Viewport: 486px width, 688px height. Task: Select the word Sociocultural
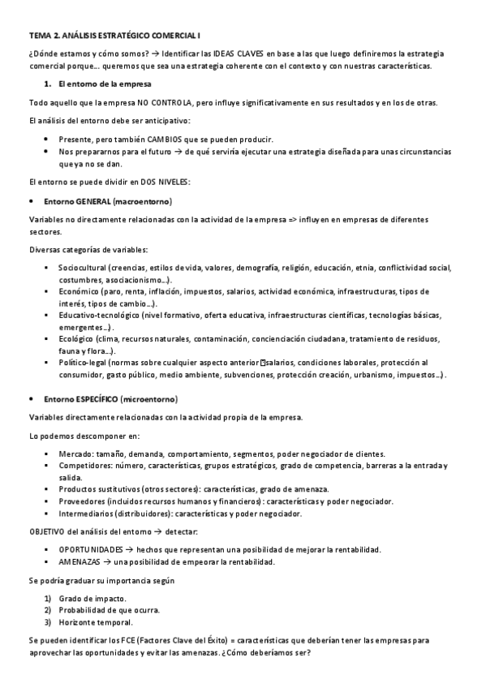pyautogui.click(x=83, y=268)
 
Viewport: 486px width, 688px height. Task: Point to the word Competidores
pyautogui.click(x=85, y=466)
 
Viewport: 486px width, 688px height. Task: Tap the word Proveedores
pyautogui.click(x=83, y=501)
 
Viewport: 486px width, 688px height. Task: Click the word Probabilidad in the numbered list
pyautogui.click(x=84, y=610)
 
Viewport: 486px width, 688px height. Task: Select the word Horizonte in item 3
pyautogui.click(x=78, y=622)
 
